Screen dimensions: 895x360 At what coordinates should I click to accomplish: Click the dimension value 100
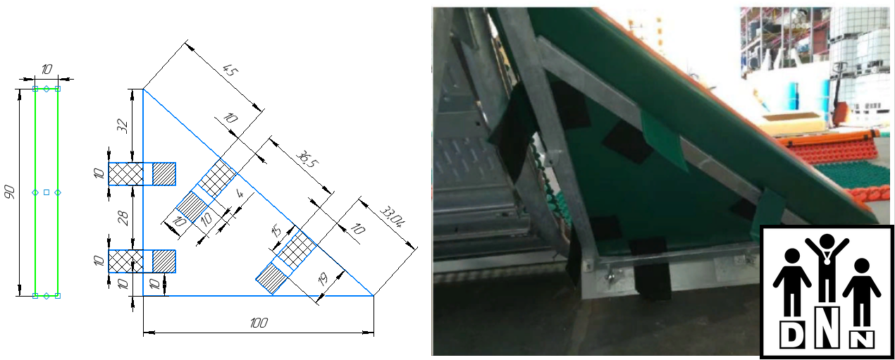(x=259, y=323)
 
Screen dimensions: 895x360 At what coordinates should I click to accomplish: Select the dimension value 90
(x=10, y=192)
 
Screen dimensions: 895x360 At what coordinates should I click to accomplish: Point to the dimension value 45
(x=229, y=70)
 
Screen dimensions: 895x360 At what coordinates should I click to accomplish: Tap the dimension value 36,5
(x=307, y=159)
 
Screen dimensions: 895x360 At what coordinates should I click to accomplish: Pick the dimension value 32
(x=123, y=126)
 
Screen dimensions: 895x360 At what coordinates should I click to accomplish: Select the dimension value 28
(x=123, y=218)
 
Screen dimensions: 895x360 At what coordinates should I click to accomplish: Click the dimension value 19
(x=323, y=278)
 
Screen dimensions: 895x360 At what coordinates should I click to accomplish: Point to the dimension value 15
(x=276, y=230)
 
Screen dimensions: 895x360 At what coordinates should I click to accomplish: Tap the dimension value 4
(x=240, y=194)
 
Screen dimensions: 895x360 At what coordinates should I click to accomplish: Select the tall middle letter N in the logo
(x=827, y=326)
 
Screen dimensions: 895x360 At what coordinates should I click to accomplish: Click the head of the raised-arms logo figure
(x=827, y=242)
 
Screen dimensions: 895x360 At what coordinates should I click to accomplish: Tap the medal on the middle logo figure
(x=827, y=261)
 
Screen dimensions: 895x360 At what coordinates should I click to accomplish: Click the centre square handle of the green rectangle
(x=47, y=192)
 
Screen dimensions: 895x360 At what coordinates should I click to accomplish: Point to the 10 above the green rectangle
(x=47, y=69)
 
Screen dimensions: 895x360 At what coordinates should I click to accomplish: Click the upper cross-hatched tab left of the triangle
(x=126, y=174)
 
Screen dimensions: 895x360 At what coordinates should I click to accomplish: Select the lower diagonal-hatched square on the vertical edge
(x=163, y=261)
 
